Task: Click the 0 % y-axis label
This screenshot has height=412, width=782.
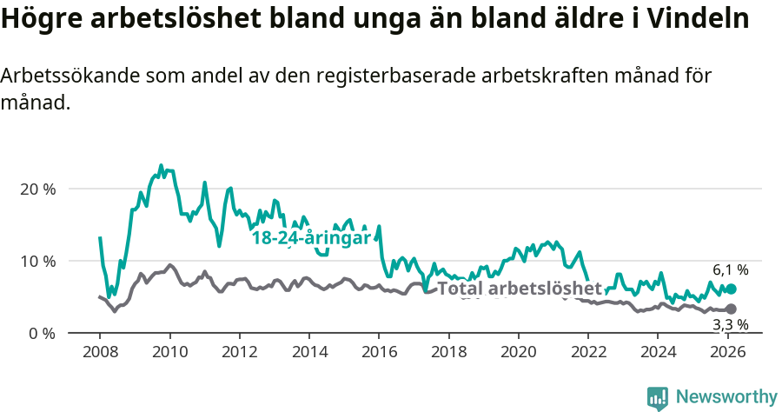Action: click(x=42, y=334)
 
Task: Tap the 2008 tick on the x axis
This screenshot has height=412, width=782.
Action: click(x=100, y=352)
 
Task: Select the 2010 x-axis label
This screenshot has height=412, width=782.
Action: click(x=169, y=352)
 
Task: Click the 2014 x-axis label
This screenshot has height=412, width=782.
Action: click(x=308, y=352)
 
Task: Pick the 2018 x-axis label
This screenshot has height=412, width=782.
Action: click(x=448, y=352)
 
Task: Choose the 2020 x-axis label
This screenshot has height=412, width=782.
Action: click(x=518, y=352)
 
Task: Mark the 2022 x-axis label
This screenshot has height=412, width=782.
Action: click(x=588, y=352)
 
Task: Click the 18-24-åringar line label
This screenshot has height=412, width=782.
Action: click(x=311, y=237)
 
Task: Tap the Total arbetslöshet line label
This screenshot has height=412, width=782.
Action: click(x=519, y=289)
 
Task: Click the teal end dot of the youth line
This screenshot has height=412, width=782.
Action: click(x=731, y=289)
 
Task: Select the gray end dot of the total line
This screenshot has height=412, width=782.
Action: click(x=731, y=309)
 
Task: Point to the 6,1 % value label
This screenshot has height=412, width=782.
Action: click(x=731, y=270)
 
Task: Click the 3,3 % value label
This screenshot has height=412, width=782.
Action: click(x=731, y=325)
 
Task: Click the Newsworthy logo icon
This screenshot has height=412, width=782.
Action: click(x=658, y=397)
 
